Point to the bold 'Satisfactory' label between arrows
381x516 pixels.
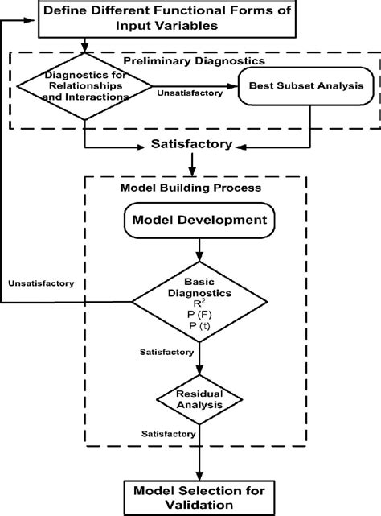191,145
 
